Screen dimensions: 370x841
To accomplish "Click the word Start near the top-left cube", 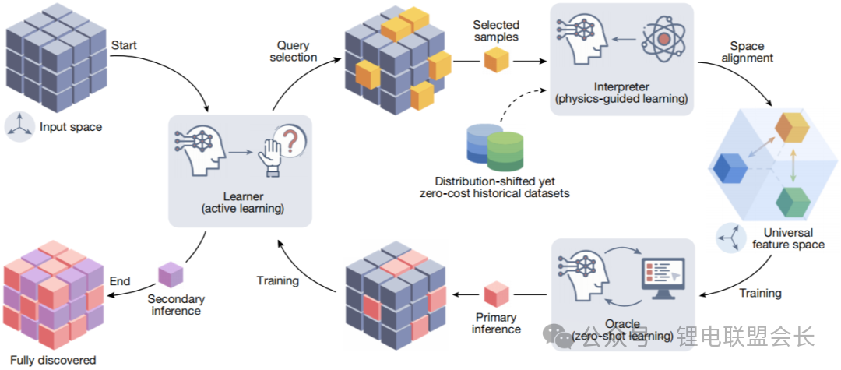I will click(124, 45).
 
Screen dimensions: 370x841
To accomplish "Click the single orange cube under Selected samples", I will click(496, 60).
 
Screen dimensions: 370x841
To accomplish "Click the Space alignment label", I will click(751, 51).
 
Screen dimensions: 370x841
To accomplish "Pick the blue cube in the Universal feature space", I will click(731, 167).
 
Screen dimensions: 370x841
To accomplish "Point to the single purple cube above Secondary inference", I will click(170, 275).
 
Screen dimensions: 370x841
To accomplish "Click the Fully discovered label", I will click(58, 360).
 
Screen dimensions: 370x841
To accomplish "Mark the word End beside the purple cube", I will click(120, 280).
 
